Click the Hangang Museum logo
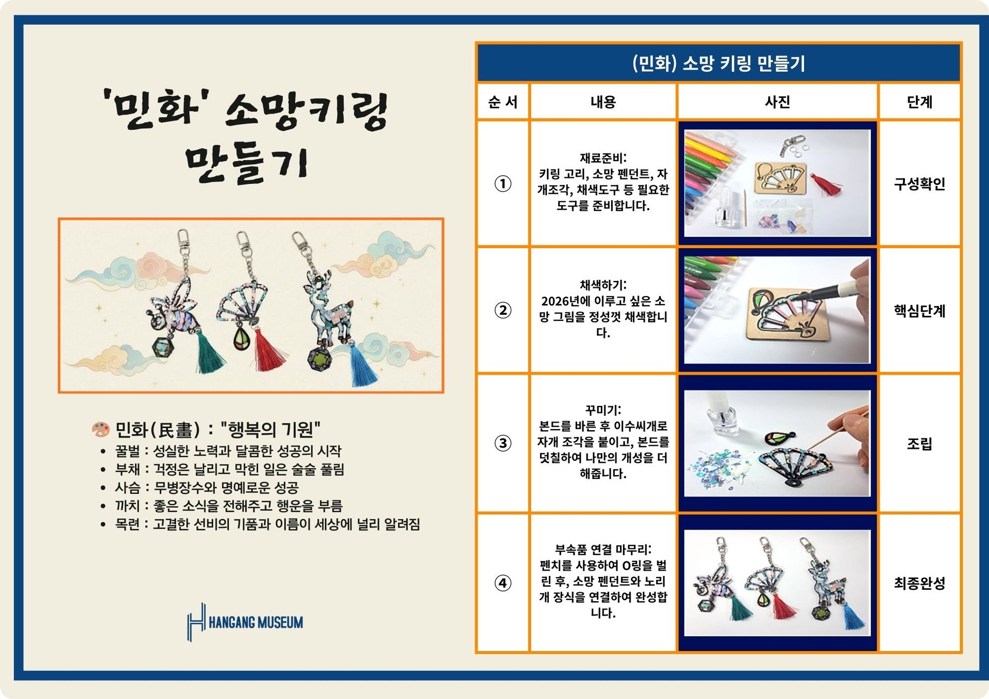click(x=245, y=622)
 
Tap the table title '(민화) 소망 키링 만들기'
click(x=718, y=63)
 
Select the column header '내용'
click(x=602, y=102)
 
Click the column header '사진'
click(x=777, y=102)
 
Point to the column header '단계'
click(x=919, y=102)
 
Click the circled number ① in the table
click(x=502, y=183)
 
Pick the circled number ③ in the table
click(x=502, y=443)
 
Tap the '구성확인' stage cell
click(x=919, y=184)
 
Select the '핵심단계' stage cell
click(x=919, y=311)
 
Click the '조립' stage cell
click(x=919, y=444)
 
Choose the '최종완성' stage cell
click(x=919, y=583)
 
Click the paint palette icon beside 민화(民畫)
click(x=100, y=430)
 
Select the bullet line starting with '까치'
click(x=228, y=506)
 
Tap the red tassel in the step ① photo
click(x=826, y=185)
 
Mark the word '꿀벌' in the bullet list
click(x=127, y=451)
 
